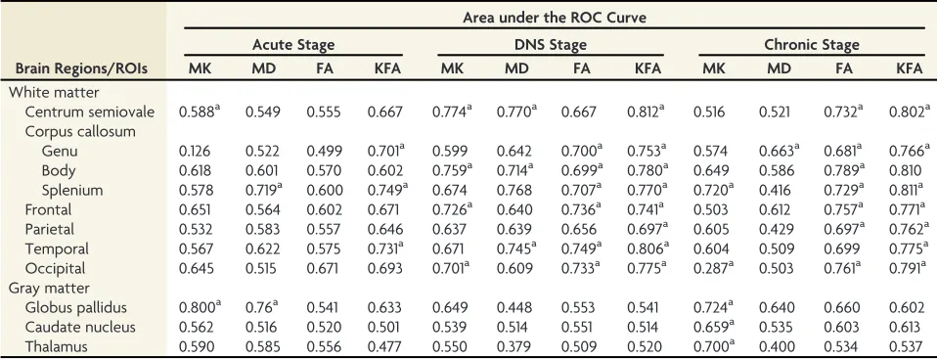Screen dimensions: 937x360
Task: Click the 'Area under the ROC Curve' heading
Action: pos(554,18)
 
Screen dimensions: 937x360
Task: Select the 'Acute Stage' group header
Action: pos(293,45)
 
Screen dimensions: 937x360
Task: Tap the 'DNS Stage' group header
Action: pos(551,45)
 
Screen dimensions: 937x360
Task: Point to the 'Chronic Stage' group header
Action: pos(812,45)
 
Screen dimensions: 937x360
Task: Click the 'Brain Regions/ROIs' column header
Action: pos(81,68)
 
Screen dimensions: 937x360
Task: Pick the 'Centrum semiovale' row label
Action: pos(90,112)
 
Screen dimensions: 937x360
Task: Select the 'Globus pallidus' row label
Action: pos(76,307)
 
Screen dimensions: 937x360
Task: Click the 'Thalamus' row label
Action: pos(56,347)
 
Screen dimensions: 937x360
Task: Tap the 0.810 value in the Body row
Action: pos(909,171)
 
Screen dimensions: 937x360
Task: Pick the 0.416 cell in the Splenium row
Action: pos(779,191)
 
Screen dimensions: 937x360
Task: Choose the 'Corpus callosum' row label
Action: pos(80,131)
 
